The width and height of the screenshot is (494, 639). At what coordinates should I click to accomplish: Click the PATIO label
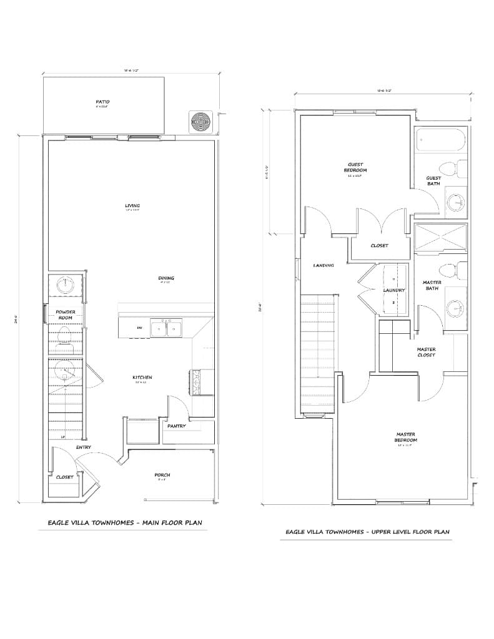click(x=102, y=100)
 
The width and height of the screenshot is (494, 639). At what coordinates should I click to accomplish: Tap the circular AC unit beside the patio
click(x=201, y=121)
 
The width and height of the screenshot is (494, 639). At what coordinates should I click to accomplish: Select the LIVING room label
click(x=132, y=206)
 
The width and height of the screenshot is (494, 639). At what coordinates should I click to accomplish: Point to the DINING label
click(x=165, y=278)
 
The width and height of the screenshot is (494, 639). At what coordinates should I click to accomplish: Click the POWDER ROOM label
click(x=64, y=315)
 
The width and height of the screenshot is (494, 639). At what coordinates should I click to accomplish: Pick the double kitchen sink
click(x=166, y=328)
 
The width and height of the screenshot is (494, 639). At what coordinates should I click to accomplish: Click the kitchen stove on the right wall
click(x=194, y=382)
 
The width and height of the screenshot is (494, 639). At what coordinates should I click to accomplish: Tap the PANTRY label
click(x=176, y=426)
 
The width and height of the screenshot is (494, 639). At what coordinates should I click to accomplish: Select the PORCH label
click(x=162, y=475)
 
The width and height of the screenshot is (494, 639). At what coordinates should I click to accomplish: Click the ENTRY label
click(x=84, y=447)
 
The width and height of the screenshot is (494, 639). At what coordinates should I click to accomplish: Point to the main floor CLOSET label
click(x=64, y=477)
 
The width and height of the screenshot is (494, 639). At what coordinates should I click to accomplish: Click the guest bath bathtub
click(x=440, y=141)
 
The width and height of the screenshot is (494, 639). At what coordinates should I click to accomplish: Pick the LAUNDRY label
click(x=394, y=290)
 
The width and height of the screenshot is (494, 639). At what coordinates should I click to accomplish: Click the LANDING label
click(x=324, y=265)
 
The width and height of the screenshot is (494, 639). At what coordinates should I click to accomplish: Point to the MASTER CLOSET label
click(x=427, y=352)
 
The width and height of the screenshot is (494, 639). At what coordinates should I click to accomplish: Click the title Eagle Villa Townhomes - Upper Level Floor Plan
click(x=367, y=532)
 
